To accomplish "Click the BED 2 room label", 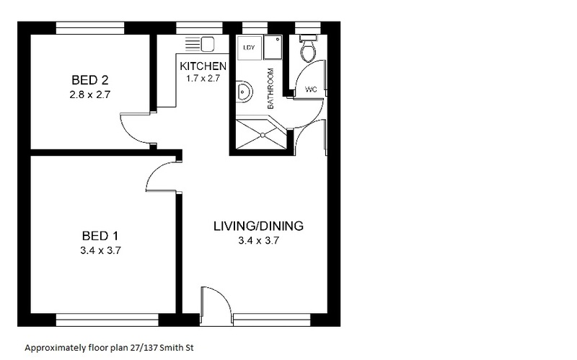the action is [x=89, y=80].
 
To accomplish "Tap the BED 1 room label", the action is [x=100, y=236].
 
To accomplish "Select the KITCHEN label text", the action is [x=203, y=66].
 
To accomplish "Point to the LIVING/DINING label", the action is [x=258, y=226].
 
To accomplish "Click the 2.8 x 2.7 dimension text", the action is [x=89, y=95].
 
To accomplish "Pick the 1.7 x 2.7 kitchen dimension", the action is [x=203, y=78].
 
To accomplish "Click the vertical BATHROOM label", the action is [x=271, y=88].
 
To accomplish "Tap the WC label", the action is [x=311, y=89].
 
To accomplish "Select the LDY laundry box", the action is [x=249, y=48].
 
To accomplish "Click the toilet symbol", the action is [x=308, y=48].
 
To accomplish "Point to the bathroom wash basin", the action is [x=244, y=91].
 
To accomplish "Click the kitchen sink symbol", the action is [x=200, y=44].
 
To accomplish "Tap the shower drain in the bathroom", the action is [x=263, y=135].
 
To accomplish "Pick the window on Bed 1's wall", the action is [x=107, y=320].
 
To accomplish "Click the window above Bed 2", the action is [x=89, y=28].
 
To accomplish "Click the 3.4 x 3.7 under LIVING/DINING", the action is [x=259, y=240].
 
